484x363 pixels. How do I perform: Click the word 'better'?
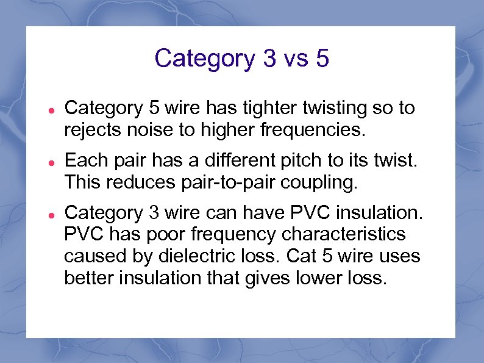click(x=90, y=278)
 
